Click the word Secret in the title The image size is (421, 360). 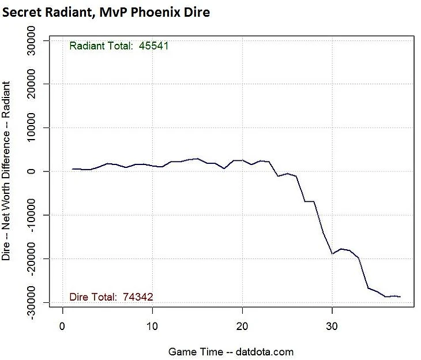pyautogui.click(x=22, y=12)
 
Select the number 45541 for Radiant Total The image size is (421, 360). pyautogui.click(x=153, y=46)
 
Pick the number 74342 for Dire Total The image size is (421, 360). pyautogui.click(x=138, y=297)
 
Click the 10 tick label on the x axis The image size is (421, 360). pyautogui.click(x=152, y=327)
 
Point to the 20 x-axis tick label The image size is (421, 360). pyautogui.click(x=242, y=327)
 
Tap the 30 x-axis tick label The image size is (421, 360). pyautogui.click(x=332, y=327)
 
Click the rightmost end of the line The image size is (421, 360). pyautogui.click(x=400, y=297)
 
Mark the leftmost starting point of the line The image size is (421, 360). pyautogui.click(x=72, y=169)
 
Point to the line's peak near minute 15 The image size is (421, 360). pyautogui.click(x=197, y=158)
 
